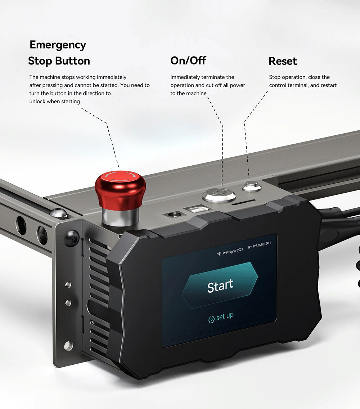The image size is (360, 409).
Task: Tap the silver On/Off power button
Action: tap(219, 195)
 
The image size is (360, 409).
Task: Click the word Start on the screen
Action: tap(220, 286)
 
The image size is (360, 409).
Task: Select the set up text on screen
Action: tap(225, 316)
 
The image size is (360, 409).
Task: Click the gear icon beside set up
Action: tap(212, 319)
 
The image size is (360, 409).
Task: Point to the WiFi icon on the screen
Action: tap(219, 254)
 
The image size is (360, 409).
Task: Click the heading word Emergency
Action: tap(58, 45)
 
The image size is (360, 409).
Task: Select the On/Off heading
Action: tap(188, 60)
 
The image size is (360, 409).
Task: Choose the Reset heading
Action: tap(283, 61)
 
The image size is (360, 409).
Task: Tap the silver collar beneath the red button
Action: tap(120, 217)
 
